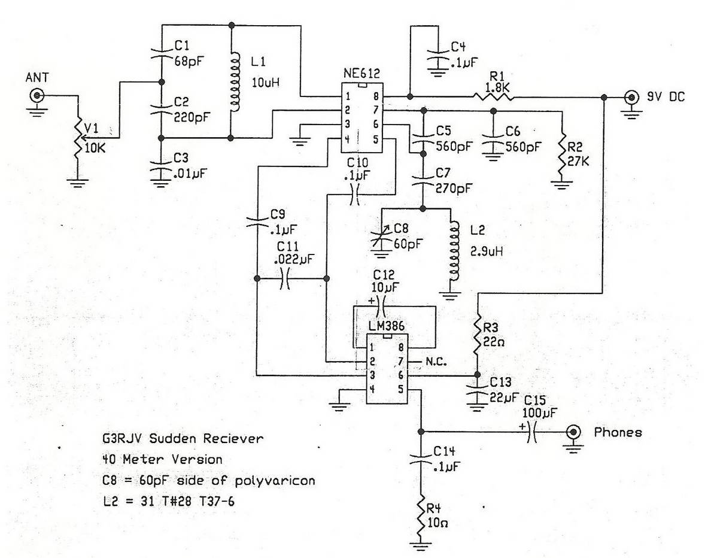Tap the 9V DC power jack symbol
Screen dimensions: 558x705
pyautogui.click(x=631, y=97)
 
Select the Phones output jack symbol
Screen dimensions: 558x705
pyautogui.click(x=573, y=432)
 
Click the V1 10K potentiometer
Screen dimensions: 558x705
pyautogui.click(x=78, y=139)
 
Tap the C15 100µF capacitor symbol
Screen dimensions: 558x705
pyautogui.click(x=531, y=432)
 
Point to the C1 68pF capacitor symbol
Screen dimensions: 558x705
pyautogui.click(x=162, y=53)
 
